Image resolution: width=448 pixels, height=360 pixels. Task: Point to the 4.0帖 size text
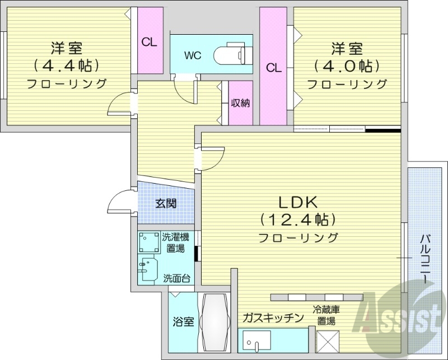click(x=347, y=66)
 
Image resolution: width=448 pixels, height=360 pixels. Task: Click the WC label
click(x=193, y=55)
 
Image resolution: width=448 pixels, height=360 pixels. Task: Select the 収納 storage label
click(x=240, y=102)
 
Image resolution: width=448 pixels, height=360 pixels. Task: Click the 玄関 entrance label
click(x=166, y=203)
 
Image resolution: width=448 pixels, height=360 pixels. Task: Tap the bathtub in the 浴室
click(x=216, y=322)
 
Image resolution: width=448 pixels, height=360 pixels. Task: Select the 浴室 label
click(x=183, y=322)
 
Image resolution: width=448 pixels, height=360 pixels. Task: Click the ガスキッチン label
click(x=273, y=317)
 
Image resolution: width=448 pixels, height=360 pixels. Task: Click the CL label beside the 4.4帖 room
click(x=149, y=41)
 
